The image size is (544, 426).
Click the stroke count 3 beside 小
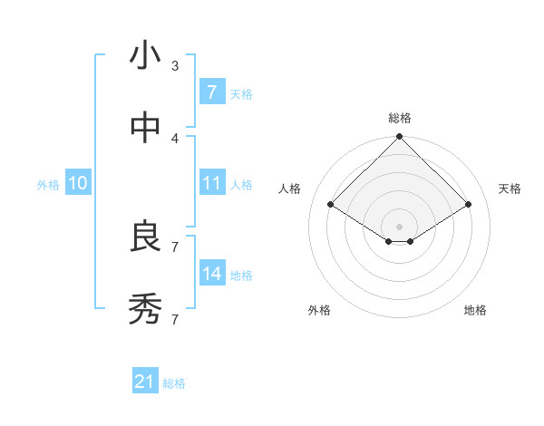[x=175, y=65]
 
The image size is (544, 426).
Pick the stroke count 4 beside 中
[x=175, y=138]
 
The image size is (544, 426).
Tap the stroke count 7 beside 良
[x=175, y=247]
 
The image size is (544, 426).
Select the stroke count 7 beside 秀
[x=175, y=319]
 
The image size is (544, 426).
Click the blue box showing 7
[x=211, y=92]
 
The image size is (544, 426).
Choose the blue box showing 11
[x=211, y=183]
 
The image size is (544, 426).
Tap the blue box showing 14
[x=211, y=274]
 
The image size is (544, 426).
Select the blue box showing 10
[x=78, y=183]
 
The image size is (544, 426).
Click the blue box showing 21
[x=145, y=382]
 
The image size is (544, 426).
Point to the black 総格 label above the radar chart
[x=400, y=118]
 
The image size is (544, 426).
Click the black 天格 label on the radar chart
[x=510, y=189]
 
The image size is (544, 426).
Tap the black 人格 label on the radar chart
[x=290, y=189]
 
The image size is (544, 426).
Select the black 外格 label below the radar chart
[x=319, y=310]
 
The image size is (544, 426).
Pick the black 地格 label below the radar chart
[x=475, y=310]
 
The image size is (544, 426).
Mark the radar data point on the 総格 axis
[x=400, y=138]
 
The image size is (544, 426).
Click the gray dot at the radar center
[x=400, y=226]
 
